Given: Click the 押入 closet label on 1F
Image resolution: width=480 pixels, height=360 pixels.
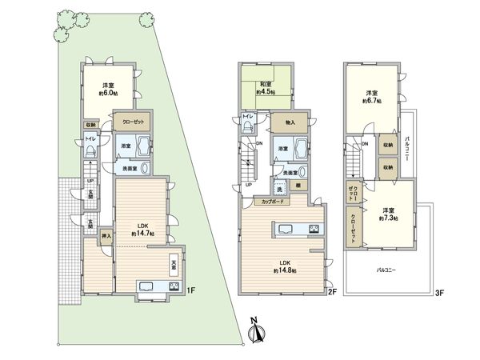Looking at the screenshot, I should point(105,237).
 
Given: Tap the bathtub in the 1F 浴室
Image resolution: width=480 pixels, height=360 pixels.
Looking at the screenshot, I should point(144,147).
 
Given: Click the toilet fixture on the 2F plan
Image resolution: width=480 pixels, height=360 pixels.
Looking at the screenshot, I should point(248,130).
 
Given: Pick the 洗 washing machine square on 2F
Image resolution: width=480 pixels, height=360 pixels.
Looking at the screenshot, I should point(281,188).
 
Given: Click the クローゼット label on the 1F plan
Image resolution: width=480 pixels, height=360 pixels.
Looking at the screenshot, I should point(132,122).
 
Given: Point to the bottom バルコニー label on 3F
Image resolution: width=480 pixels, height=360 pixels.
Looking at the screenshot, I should point(389,270).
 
